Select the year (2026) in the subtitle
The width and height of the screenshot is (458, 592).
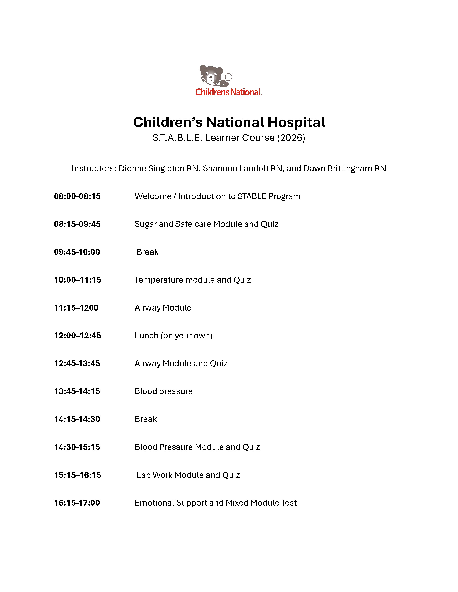coord(291,138)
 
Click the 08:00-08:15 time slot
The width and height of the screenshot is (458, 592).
coord(77,196)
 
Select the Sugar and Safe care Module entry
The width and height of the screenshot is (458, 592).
coord(206,224)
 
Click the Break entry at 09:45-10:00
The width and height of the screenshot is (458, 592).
coord(147,252)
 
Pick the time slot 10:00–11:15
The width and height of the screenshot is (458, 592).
coord(77,280)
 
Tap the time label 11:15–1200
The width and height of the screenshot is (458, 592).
coord(76,308)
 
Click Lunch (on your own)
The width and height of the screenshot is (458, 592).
coord(173,336)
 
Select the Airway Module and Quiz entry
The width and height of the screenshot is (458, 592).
coord(181,363)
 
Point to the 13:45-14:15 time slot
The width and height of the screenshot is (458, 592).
coord(77,391)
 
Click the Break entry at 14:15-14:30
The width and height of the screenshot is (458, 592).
coord(146,419)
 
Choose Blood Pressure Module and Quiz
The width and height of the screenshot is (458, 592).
coord(197,447)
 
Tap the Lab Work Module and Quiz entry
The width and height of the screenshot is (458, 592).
coord(188,475)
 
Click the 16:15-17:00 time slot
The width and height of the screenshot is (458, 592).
coord(77,503)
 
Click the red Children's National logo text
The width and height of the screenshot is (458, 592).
coord(228,92)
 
